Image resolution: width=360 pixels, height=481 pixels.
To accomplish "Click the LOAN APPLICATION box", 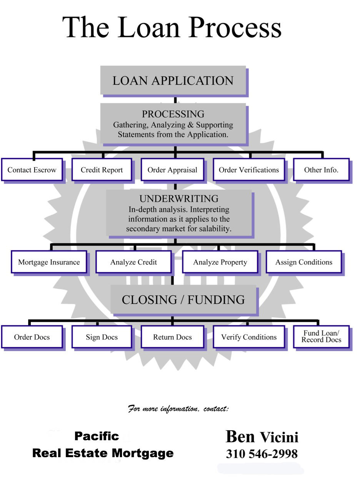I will pyautogui.click(x=173, y=80).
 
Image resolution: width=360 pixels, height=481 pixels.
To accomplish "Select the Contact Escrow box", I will pyautogui.click(x=32, y=170).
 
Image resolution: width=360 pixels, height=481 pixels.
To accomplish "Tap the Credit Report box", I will pyautogui.click(x=102, y=170).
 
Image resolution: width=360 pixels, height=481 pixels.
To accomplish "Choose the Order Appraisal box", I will pyautogui.click(x=172, y=170).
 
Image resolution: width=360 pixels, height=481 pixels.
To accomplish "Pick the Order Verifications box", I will pyautogui.click(x=248, y=170).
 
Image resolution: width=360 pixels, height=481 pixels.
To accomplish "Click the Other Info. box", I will pyautogui.click(x=321, y=170).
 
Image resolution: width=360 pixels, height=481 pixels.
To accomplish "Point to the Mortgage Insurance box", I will pyautogui.click(x=49, y=262).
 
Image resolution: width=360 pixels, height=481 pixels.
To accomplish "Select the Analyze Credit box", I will pyautogui.click(x=133, y=262).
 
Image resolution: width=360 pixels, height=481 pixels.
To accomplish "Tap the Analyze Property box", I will pyautogui.click(x=220, y=262).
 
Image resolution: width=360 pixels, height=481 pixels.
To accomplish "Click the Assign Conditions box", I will pyautogui.click(x=303, y=262).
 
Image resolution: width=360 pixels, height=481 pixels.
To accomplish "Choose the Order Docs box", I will pyautogui.click(x=32, y=337).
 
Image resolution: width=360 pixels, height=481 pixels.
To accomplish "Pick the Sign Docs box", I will pyautogui.click(x=102, y=337).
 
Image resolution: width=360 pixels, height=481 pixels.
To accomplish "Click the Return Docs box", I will pyautogui.click(x=172, y=337).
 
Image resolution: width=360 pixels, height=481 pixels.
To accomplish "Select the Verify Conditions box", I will pyautogui.click(x=248, y=337).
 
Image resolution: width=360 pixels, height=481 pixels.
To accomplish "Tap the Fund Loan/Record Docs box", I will pyautogui.click(x=321, y=336).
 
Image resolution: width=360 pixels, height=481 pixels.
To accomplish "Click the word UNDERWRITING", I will pyautogui.click(x=179, y=199).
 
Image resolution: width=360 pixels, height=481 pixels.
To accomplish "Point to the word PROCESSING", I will pyautogui.click(x=173, y=114).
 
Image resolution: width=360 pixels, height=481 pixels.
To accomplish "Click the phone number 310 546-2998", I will pyautogui.click(x=262, y=454).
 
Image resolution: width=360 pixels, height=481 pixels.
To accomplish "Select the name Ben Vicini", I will pyautogui.click(x=262, y=437).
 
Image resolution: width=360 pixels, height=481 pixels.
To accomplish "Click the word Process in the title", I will pyautogui.click(x=235, y=28).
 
